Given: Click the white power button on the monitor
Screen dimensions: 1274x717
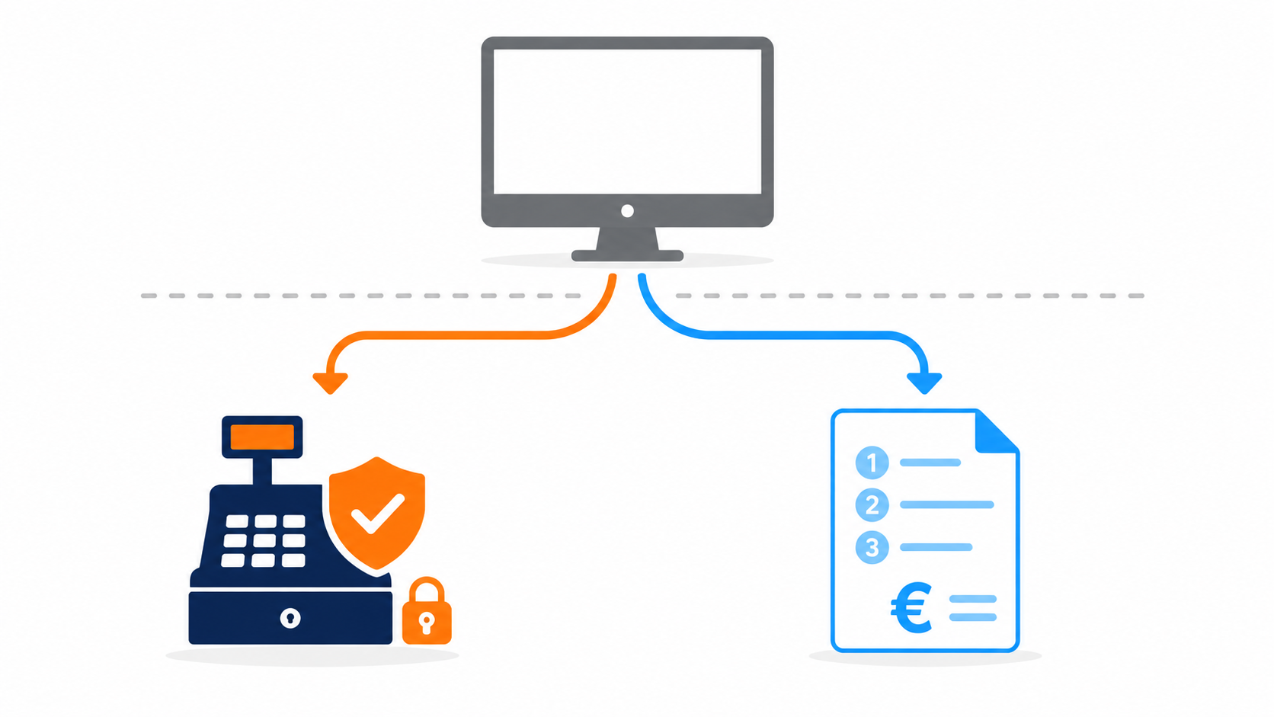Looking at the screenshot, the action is tap(627, 211).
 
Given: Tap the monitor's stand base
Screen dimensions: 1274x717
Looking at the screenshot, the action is tap(627, 255).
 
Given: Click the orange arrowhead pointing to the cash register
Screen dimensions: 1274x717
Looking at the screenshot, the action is tap(331, 383).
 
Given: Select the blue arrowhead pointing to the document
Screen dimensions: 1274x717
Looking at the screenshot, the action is tap(924, 383).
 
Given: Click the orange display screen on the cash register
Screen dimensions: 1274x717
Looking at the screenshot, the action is tap(262, 437).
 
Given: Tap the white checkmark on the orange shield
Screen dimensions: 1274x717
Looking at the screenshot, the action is tap(378, 514).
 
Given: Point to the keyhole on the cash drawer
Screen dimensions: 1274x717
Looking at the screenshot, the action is tap(290, 618).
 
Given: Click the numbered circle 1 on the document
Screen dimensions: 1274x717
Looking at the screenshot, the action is tap(872, 463).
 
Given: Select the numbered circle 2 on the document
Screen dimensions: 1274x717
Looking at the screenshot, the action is tap(872, 505).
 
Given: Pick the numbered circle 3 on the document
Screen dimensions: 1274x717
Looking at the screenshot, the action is tap(872, 547).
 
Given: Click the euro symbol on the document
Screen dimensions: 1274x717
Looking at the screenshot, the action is tap(911, 608).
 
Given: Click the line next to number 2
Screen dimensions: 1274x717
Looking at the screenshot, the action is tap(947, 505).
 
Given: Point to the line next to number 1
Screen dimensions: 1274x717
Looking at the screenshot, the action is tap(930, 463).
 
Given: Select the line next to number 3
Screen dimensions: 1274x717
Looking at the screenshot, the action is tap(936, 547).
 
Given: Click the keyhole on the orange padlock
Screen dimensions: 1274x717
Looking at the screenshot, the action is tap(427, 623).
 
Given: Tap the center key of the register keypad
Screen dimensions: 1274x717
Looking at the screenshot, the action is tap(264, 540).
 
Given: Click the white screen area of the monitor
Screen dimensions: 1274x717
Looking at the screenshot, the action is tap(627, 121).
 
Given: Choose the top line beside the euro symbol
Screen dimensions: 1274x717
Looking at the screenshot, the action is tap(973, 599).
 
